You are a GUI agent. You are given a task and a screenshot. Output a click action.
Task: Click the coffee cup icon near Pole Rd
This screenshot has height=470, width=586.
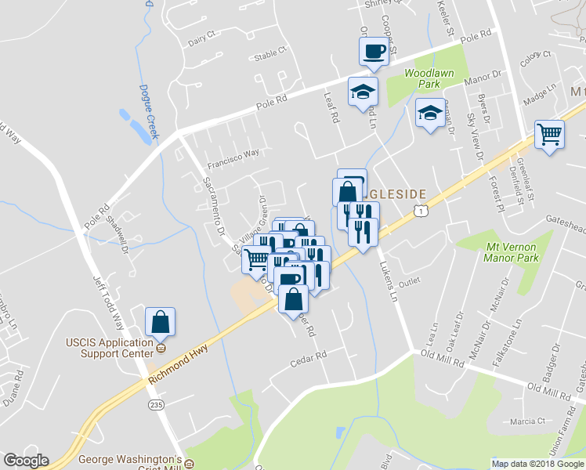point(373,52)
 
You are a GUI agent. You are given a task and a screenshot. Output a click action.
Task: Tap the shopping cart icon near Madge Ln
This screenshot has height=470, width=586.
point(550,135)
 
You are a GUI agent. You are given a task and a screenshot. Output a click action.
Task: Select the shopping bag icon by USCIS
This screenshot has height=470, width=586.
point(160,322)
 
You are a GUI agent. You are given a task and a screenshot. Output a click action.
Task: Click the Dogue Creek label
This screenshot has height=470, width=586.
point(148,111)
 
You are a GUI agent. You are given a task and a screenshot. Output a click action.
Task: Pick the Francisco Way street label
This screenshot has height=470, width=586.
point(233,159)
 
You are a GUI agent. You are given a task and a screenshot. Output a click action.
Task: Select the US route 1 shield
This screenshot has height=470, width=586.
point(422,211)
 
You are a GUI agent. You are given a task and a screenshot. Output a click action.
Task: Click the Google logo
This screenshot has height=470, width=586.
point(26,461)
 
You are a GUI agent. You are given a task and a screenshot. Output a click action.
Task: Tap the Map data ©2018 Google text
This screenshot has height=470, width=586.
point(537,464)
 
